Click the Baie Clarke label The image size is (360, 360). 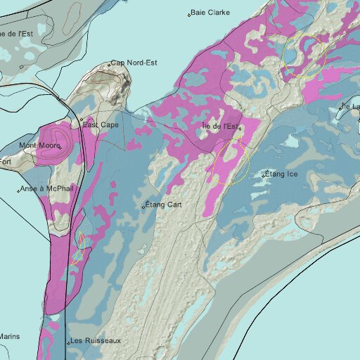point(211,13)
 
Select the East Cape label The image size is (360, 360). point(101,124)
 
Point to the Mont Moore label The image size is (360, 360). point(39,146)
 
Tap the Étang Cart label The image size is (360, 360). point(165,205)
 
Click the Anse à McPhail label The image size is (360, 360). point(45,188)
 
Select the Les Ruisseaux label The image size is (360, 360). point(96,341)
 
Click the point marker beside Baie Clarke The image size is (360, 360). point(189,14)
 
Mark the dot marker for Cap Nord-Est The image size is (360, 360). point(109,65)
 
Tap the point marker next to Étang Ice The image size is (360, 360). point(264,174)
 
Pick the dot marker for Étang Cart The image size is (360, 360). point(143,207)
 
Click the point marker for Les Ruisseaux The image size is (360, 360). point(68,342)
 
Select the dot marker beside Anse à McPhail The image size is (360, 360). point(18,191)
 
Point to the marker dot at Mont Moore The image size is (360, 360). point(60,146)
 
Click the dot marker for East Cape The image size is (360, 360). point(81,120)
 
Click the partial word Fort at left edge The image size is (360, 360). point(6,162)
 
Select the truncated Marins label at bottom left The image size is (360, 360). point(10,336)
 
